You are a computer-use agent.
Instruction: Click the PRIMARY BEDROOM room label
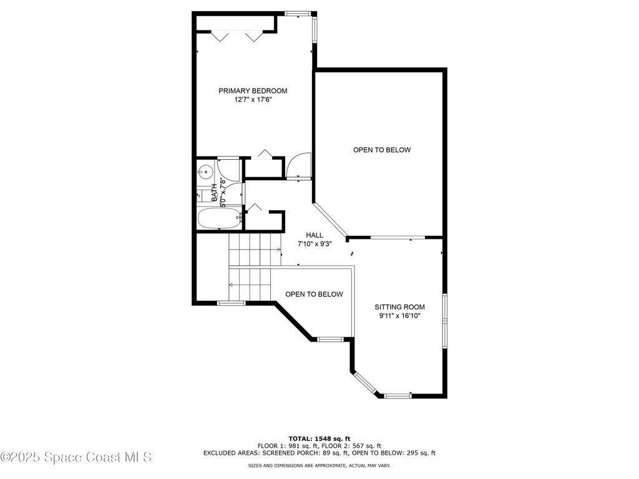(x=253, y=90)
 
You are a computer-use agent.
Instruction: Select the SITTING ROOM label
(x=399, y=307)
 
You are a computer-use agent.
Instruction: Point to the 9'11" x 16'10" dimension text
(x=399, y=316)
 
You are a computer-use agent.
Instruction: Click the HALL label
(x=314, y=235)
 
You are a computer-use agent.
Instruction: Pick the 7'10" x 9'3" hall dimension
(x=314, y=244)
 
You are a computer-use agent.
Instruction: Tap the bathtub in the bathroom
(x=219, y=219)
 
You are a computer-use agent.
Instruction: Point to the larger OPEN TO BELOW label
(x=382, y=150)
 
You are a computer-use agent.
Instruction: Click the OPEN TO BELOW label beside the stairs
(x=314, y=294)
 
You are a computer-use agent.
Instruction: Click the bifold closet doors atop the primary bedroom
(x=237, y=36)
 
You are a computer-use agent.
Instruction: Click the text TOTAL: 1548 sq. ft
(x=319, y=438)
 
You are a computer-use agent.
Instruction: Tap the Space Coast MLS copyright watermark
(x=76, y=457)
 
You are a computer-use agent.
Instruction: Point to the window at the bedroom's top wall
(x=297, y=13)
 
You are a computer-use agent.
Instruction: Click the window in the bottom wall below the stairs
(x=231, y=303)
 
